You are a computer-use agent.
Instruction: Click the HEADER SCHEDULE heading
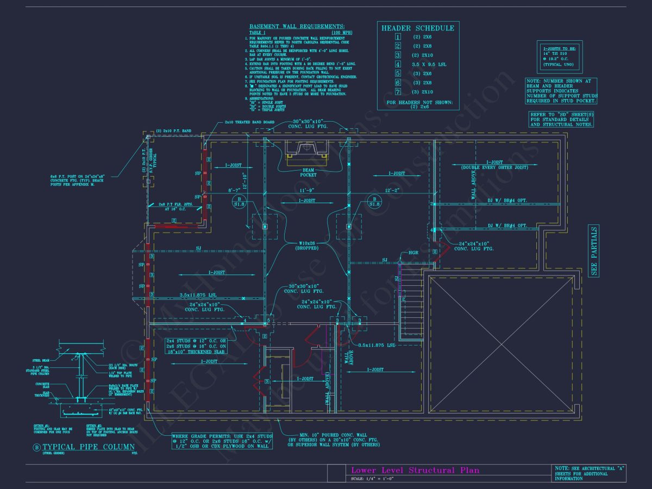(x=417, y=28)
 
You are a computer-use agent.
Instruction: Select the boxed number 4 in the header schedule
(x=398, y=64)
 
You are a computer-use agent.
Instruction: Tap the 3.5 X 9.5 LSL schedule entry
(x=429, y=64)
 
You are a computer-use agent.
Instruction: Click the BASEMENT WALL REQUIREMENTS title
(x=297, y=26)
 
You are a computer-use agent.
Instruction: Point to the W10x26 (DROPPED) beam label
(x=308, y=245)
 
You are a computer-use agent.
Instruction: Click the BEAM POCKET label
(x=308, y=172)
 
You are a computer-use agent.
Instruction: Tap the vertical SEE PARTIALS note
(x=594, y=250)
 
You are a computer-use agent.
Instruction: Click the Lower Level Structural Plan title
(x=416, y=470)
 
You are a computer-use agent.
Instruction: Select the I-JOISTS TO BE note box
(x=559, y=55)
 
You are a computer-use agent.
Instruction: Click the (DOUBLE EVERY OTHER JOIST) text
(x=494, y=168)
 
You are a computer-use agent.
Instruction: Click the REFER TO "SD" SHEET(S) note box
(x=562, y=120)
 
